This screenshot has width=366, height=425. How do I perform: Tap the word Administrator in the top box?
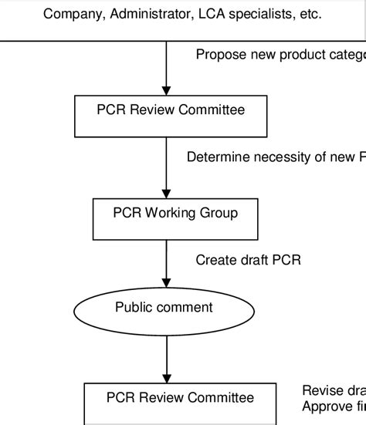(x=147, y=14)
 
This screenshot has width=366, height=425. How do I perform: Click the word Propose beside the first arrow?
(x=220, y=55)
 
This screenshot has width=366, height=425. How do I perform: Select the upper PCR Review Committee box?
(x=171, y=116)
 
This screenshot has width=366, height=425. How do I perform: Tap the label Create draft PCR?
(x=248, y=260)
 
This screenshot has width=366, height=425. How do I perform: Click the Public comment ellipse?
(x=164, y=309)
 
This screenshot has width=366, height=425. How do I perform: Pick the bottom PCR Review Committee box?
(x=179, y=403)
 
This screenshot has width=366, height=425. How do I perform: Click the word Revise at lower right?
(x=321, y=390)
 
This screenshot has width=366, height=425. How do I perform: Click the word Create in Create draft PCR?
(x=214, y=260)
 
